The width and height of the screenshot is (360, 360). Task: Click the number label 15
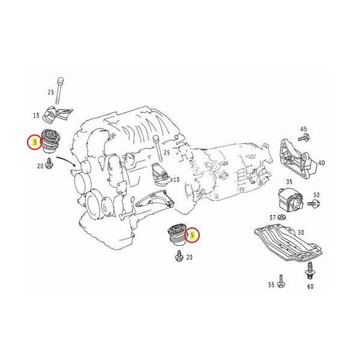pos(36,115)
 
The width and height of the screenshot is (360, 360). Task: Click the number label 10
pos(176,180)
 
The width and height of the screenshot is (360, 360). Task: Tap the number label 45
pos(304,129)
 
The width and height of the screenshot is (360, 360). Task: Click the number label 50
pos(317,196)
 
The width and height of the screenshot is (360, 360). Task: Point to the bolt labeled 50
pos(312,205)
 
